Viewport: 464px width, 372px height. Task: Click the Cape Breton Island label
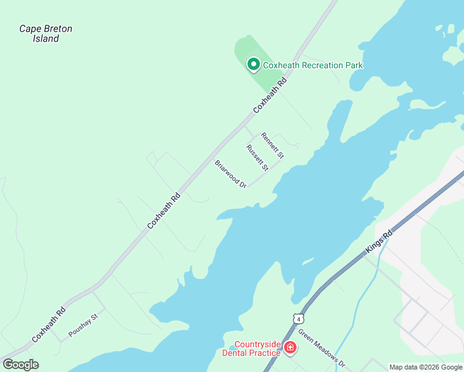[x=46, y=33]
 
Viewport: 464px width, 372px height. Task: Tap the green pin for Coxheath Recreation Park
[x=253, y=64]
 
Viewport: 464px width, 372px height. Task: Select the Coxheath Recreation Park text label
[x=313, y=65]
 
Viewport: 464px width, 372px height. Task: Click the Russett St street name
[x=257, y=158]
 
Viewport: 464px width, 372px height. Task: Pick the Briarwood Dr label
[x=231, y=174]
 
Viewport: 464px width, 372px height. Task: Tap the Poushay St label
[x=84, y=324]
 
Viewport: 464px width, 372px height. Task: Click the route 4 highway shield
[x=300, y=319]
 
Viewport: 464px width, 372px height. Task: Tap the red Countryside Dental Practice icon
[x=290, y=349]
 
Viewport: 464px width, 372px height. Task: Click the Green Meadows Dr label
[x=321, y=347]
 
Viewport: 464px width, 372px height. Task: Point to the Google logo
[x=20, y=365]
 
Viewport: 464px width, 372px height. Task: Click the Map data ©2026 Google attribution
[x=426, y=367]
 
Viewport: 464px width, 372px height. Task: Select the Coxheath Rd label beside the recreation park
[x=271, y=95]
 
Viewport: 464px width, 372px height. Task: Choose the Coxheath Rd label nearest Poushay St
[x=49, y=325]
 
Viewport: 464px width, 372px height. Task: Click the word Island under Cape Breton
[x=46, y=38]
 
